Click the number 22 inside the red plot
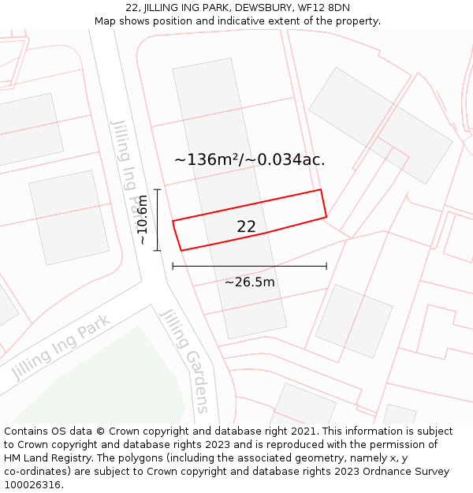[x=246, y=227]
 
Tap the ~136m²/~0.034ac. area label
[x=249, y=159]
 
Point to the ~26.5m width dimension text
[x=250, y=282]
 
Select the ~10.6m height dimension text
[x=142, y=220]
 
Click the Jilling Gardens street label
[x=188, y=360]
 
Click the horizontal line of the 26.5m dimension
[x=249, y=267]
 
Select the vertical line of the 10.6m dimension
[x=158, y=220]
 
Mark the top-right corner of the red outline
[x=320, y=189]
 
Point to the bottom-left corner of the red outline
[x=181, y=251]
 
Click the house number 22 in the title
[x=132, y=8]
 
